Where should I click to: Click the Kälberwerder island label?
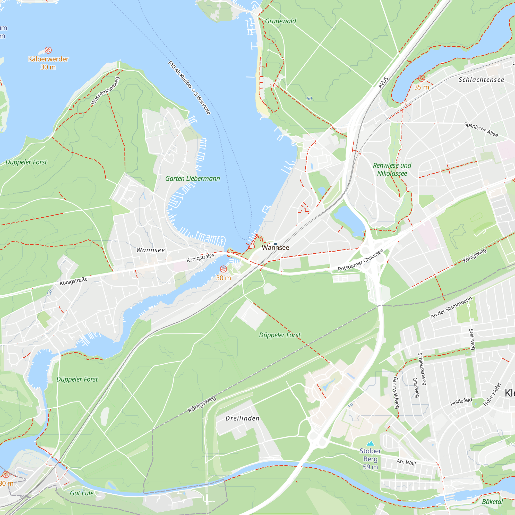tap(48, 59)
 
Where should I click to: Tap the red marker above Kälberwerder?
tap(48, 50)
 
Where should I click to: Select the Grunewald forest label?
tap(280, 21)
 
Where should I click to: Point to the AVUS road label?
tap(383, 82)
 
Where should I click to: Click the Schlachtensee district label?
tap(481, 80)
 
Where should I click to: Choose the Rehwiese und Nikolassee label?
tap(392, 169)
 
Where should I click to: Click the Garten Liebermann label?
tap(192, 179)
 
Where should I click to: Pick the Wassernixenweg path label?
tap(105, 91)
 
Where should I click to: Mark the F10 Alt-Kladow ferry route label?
tap(189, 88)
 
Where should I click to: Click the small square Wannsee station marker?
tap(275, 244)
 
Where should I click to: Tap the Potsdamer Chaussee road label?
tap(360, 260)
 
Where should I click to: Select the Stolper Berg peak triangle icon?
tap(370, 444)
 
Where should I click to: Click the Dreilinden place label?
tap(242, 418)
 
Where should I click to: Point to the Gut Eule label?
tap(82, 493)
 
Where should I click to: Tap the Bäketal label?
tap(492, 502)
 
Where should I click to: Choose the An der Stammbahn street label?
tap(451, 308)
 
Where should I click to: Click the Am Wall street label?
tap(406, 462)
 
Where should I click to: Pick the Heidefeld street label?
tap(461, 402)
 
